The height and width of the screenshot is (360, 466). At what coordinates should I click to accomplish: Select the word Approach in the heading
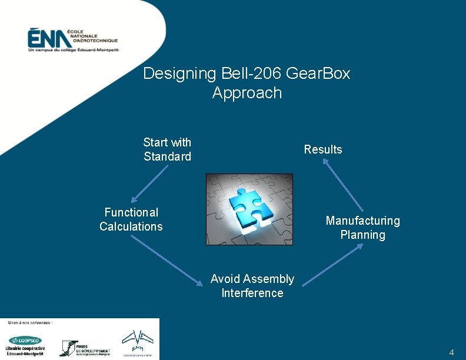coord(247,93)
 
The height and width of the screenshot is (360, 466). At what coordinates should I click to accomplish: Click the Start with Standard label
coord(167,149)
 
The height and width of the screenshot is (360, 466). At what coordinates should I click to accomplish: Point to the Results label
coord(322,149)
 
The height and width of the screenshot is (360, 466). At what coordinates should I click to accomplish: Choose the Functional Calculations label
coord(131,219)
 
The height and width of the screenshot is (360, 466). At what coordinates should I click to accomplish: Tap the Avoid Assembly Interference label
coord(252,286)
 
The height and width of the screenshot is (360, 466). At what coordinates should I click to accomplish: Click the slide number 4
coord(451,352)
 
